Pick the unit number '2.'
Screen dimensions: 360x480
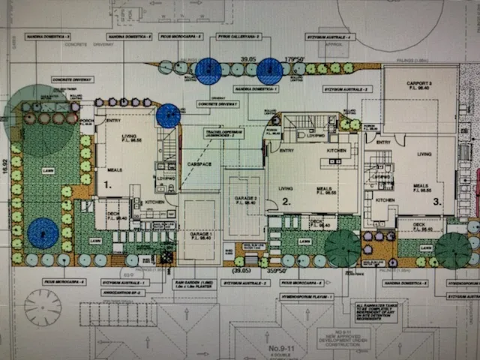[x=286, y=201]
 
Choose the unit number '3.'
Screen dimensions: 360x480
[x=448, y=200]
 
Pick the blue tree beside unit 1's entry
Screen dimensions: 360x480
[x=168, y=115]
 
